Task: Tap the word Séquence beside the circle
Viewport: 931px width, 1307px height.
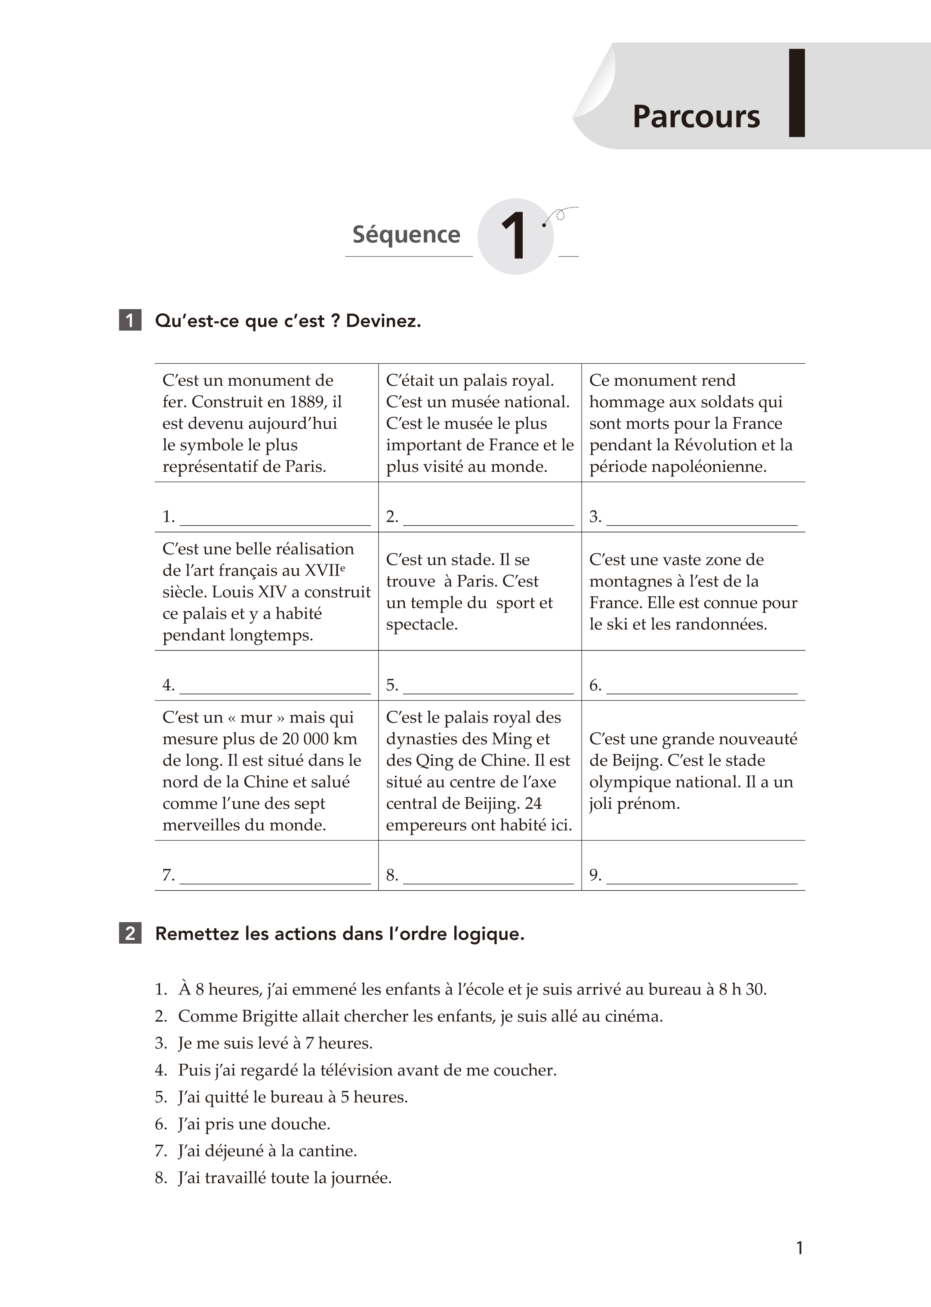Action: click(406, 235)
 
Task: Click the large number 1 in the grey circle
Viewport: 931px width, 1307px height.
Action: click(514, 236)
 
